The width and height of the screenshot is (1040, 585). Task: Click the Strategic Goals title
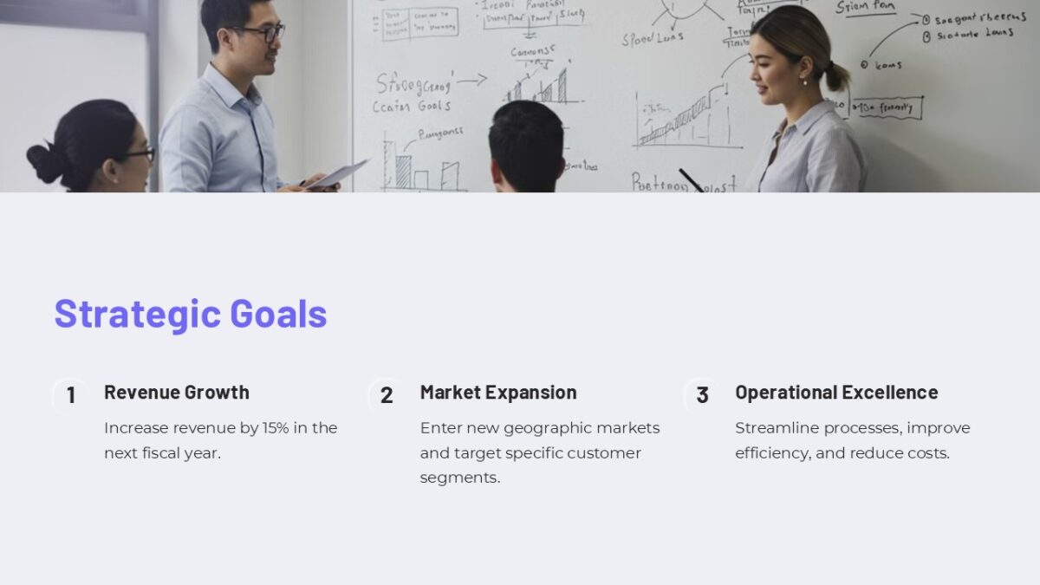click(x=191, y=314)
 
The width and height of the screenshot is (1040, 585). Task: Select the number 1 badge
click(x=71, y=395)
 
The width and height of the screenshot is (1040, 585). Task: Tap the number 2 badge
click(x=387, y=395)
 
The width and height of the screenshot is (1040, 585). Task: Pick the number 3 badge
click(x=702, y=395)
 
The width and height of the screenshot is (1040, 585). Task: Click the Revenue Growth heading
click(x=176, y=392)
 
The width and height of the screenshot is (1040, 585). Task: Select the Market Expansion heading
click(x=497, y=392)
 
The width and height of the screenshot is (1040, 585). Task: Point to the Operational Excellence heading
click(x=836, y=392)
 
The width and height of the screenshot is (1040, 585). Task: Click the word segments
click(x=459, y=478)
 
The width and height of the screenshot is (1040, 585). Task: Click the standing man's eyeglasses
click(x=263, y=33)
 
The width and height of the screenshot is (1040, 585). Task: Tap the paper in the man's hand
click(x=338, y=174)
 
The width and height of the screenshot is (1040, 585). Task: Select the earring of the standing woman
click(x=803, y=81)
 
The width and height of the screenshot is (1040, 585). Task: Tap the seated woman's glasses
click(x=140, y=155)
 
